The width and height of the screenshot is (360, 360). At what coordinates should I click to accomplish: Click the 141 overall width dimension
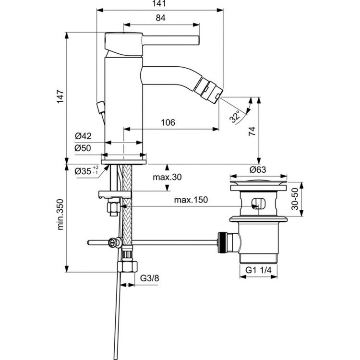[161, 4]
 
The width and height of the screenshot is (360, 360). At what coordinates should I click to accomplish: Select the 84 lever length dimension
[161, 18]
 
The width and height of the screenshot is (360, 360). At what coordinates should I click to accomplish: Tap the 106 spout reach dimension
[167, 122]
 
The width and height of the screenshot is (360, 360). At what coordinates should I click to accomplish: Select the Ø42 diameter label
[83, 137]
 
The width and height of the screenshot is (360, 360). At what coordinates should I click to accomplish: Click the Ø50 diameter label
[83, 148]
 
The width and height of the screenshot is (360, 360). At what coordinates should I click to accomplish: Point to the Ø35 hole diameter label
[86, 170]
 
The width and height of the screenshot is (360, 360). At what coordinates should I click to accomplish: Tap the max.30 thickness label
[168, 178]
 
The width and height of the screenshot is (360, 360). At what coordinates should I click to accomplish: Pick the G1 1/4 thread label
[259, 270]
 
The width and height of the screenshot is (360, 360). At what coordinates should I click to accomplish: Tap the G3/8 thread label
[150, 278]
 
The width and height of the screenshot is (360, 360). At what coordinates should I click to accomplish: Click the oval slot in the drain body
[258, 203]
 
